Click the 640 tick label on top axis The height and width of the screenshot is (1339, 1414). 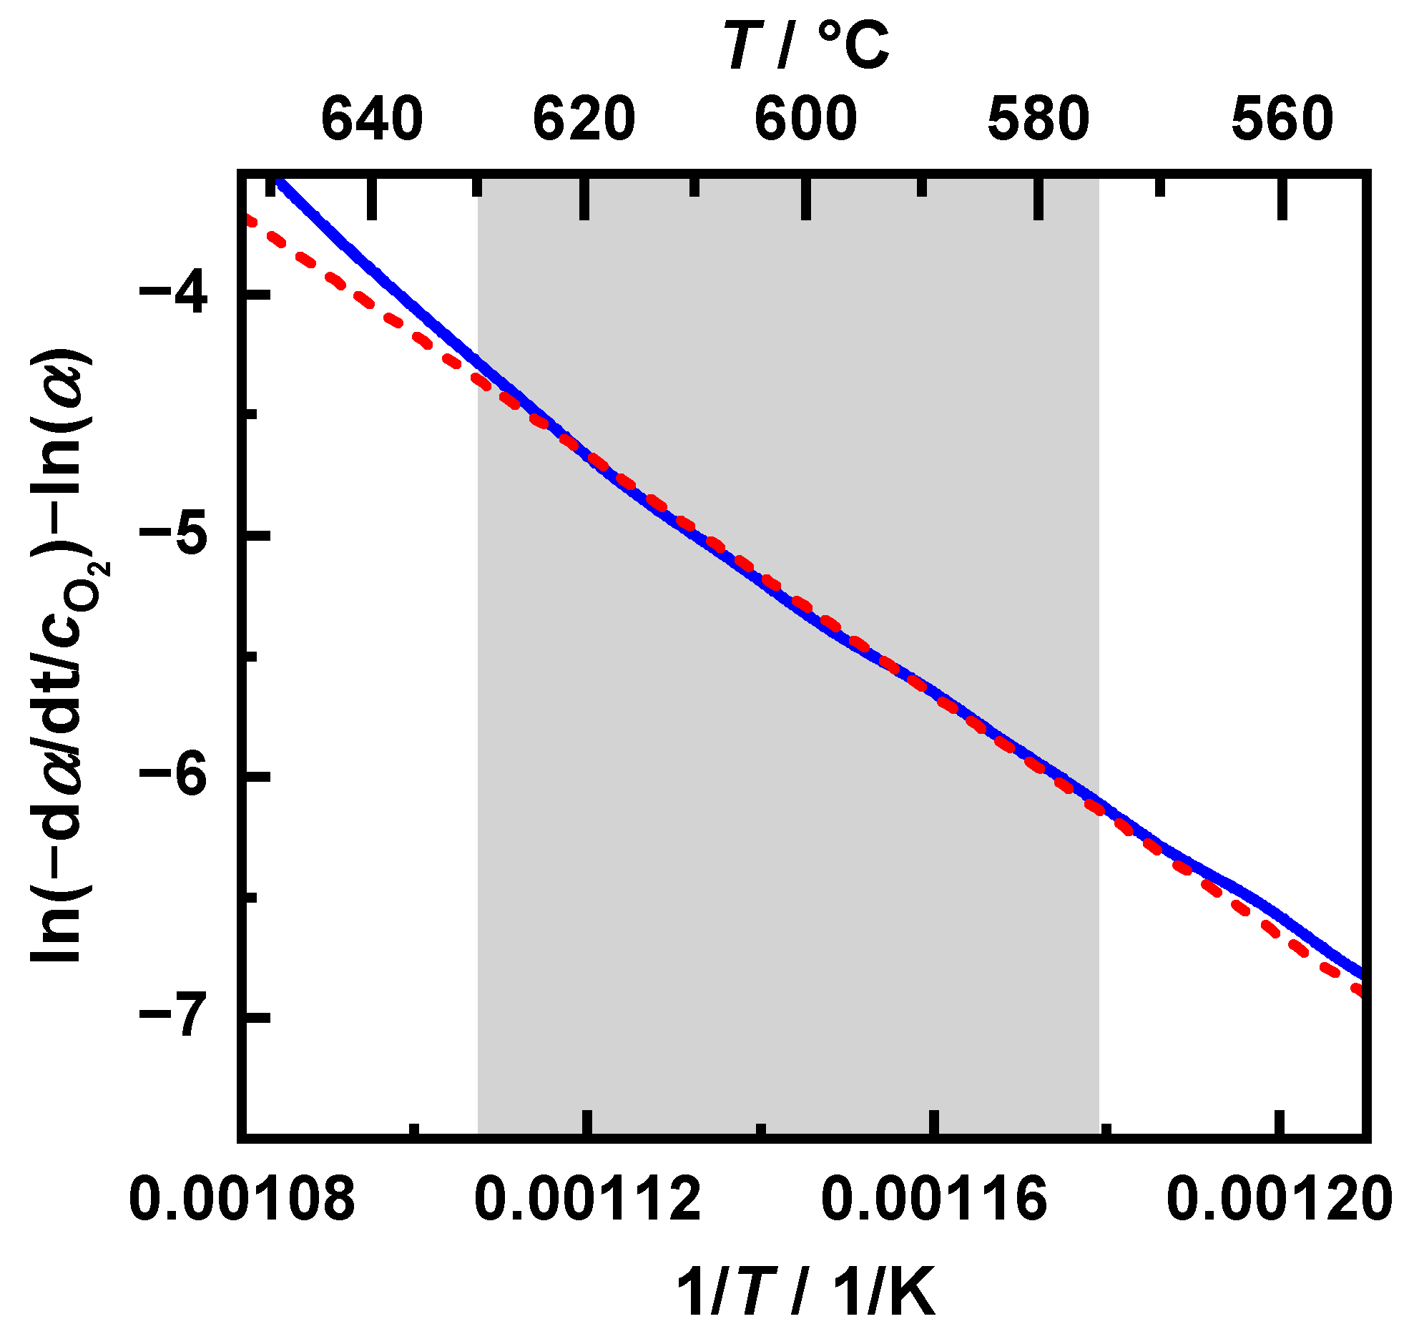[x=372, y=119]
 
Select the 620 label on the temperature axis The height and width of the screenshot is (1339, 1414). [x=584, y=119]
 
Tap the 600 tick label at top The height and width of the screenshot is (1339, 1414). [x=806, y=119]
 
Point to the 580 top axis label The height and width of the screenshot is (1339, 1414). [x=1039, y=119]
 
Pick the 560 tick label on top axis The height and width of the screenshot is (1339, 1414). [x=1282, y=119]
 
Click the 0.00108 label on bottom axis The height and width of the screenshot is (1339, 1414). [x=242, y=1200]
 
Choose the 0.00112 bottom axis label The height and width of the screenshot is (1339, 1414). [x=587, y=1200]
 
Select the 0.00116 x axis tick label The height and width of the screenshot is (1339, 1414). [x=933, y=1200]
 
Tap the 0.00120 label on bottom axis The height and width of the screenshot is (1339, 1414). [x=1280, y=1200]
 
